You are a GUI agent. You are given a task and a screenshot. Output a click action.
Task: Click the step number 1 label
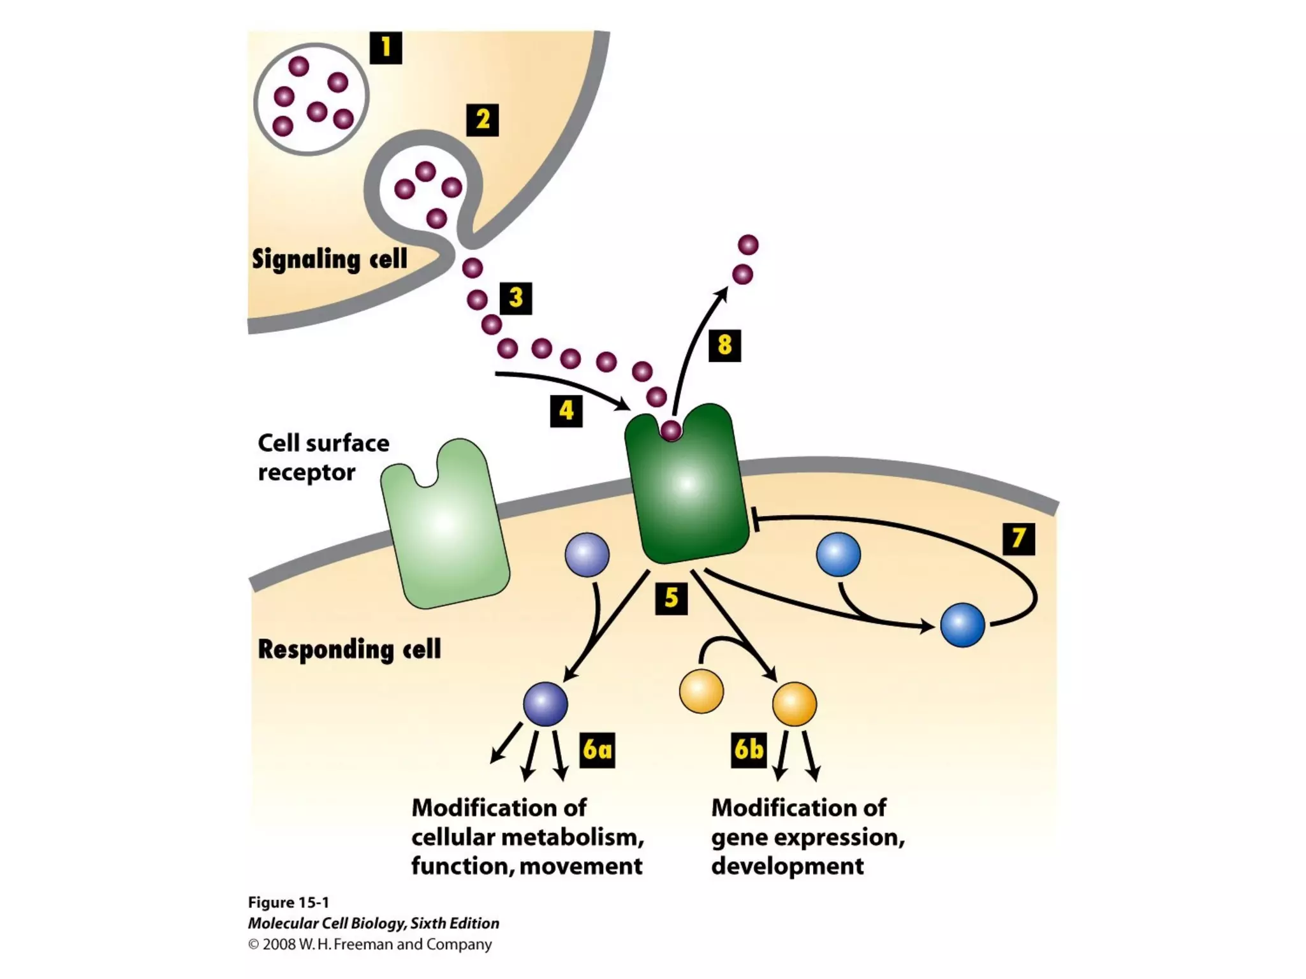386,48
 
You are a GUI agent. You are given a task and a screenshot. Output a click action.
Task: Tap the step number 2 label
482,120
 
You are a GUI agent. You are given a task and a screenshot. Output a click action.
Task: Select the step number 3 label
515,298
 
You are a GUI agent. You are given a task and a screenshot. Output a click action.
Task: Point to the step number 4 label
566,410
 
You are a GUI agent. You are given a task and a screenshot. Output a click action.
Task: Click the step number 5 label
671,598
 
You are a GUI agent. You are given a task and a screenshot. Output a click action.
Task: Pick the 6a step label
598,750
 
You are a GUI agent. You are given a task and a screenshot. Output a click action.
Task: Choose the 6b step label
749,750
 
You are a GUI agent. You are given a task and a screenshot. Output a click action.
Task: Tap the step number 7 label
1018,539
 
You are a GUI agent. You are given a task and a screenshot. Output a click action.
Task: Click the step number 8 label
724,345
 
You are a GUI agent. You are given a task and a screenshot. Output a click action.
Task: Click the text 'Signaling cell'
329,259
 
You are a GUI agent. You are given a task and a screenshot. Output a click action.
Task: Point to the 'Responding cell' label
349,649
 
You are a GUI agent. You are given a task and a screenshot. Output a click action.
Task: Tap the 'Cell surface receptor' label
323,458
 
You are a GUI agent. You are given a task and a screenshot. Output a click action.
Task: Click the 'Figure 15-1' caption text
288,903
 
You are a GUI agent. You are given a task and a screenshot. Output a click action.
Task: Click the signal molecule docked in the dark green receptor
671,431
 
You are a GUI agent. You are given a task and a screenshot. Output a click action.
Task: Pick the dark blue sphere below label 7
962,625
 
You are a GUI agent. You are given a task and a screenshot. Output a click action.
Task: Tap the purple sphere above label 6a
545,704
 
